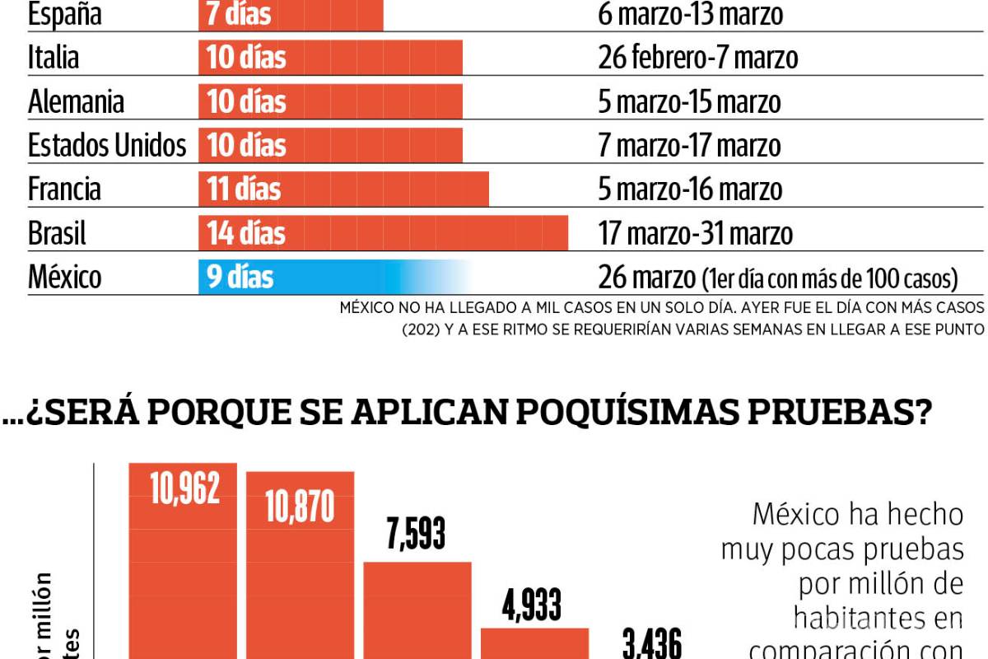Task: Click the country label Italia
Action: coord(54,58)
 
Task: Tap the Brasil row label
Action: coord(57,233)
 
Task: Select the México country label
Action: coord(65,277)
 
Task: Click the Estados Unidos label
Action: coord(107,146)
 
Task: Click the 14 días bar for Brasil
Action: coord(383,233)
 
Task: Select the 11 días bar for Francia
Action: coord(343,189)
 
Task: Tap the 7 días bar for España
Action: coord(291,14)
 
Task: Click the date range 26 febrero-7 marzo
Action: coord(697,58)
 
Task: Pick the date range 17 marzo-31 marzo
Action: coord(695,233)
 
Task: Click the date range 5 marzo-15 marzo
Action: coord(689,102)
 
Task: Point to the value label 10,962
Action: coord(184,489)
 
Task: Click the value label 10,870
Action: coord(300,508)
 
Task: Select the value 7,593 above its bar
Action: coord(417,535)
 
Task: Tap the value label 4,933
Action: coord(533,606)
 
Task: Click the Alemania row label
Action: coord(76,102)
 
